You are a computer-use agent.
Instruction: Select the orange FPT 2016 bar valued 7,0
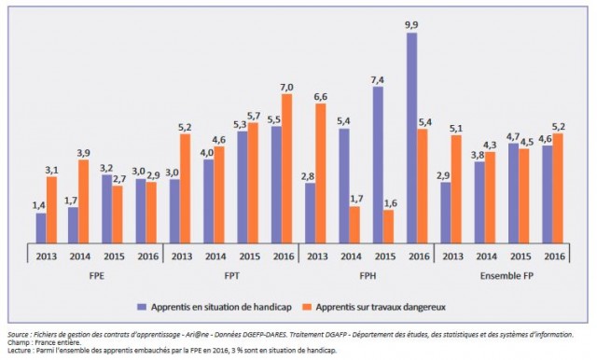tap(286, 168)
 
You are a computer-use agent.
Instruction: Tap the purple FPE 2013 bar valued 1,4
tap(41, 228)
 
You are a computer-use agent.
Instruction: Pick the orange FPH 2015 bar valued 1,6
tap(389, 226)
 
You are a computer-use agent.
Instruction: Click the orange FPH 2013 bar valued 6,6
tap(321, 173)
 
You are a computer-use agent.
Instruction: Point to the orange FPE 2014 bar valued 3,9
tap(84, 201)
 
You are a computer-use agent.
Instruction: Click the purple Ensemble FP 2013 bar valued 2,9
tap(445, 212)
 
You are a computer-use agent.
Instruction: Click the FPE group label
tap(95, 276)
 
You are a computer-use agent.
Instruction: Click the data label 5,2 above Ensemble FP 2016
tap(558, 126)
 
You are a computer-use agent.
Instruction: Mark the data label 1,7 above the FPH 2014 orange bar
tap(355, 199)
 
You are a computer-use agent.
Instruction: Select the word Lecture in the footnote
tap(20, 351)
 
